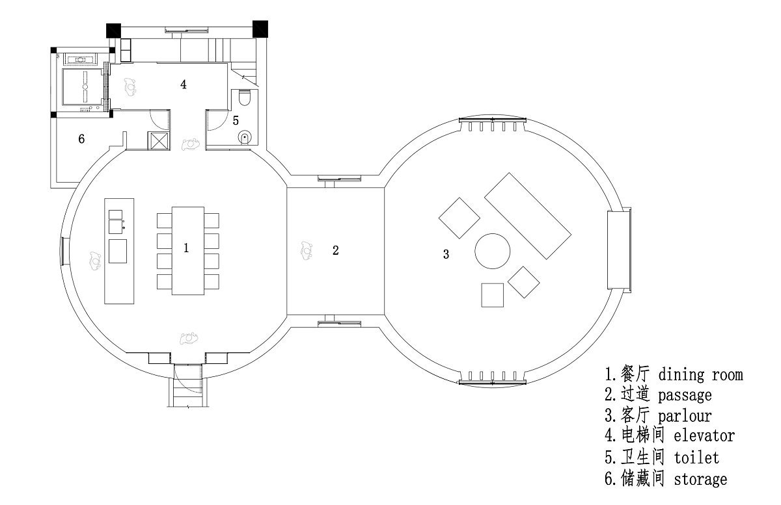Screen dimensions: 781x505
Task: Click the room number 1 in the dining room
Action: tap(186, 248)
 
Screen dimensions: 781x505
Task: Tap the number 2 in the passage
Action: tap(335, 250)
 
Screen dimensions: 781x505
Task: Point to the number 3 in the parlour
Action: tap(446, 254)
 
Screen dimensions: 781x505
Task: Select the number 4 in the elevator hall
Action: tap(184, 84)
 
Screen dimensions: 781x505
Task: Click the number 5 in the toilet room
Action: tap(236, 120)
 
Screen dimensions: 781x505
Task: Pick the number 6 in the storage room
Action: tap(81, 139)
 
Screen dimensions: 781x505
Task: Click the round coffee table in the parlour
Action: tap(492, 251)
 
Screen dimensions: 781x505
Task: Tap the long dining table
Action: tap(188, 251)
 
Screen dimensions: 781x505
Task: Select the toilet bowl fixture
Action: tap(245, 97)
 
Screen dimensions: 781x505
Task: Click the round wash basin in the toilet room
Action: tap(245, 137)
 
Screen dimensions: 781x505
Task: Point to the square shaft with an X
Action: tap(159, 140)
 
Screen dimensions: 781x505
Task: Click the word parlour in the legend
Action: tap(685, 416)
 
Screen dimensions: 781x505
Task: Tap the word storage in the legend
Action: tap(700, 479)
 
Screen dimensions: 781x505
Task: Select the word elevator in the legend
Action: tap(704, 435)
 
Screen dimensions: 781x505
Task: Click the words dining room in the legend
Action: tap(701, 375)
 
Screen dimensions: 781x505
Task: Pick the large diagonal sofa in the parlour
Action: tap(528, 216)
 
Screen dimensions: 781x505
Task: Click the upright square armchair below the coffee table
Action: tap(492, 295)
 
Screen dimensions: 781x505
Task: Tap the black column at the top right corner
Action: tap(260, 29)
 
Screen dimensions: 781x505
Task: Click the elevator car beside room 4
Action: tap(83, 86)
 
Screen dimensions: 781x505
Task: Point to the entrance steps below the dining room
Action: tap(188, 392)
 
